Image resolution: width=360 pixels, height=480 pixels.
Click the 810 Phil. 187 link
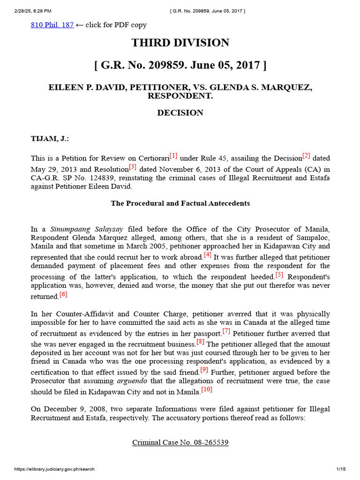[x=52, y=25]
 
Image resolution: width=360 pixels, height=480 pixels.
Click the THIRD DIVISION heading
[x=180, y=43]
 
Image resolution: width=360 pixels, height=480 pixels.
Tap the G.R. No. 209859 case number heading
[x=180, y=65]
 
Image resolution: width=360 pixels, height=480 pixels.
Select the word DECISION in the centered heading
[x=180, y=112]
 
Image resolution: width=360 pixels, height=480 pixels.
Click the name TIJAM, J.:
[x=50, y=139]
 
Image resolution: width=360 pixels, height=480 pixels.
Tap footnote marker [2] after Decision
[x=306, y=156]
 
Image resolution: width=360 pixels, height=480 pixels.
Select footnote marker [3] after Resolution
[x=132, y=166]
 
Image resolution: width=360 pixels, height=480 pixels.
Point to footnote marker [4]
[x=208, y=255]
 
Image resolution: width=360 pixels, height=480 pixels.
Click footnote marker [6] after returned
[x=63, y=294]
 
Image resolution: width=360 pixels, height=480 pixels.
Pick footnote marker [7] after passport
[x=226, y=331]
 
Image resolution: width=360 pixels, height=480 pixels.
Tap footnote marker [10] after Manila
[x=207, y=390]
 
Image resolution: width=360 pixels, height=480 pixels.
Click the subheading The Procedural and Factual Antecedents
[x=180, y=203]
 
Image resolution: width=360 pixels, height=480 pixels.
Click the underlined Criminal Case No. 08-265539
[x=180, y=442]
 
